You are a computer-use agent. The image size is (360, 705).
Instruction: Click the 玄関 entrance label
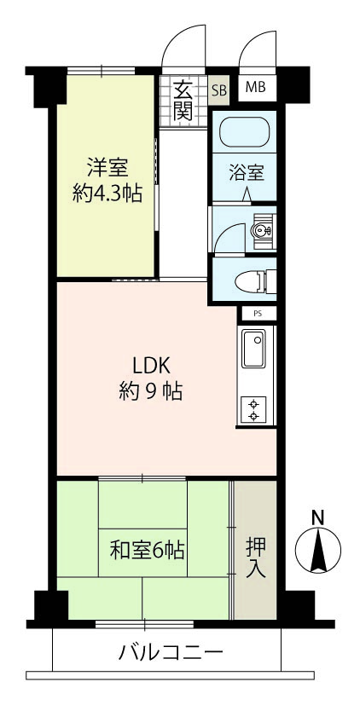(183, 101)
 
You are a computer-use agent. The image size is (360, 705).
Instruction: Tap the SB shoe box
(219, 90)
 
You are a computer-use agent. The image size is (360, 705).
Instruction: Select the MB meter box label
(255, 87)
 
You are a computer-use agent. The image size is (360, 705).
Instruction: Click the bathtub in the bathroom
(244, 132)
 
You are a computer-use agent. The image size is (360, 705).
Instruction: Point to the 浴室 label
(247, 173)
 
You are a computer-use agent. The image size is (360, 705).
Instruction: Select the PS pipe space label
(257, 314)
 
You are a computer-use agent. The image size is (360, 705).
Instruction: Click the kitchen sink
(254, 349)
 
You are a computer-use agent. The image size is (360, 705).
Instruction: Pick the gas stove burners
(253, 409)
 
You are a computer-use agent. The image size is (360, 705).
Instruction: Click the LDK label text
(151, 367)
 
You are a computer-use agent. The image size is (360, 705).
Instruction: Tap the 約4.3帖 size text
(107, 194)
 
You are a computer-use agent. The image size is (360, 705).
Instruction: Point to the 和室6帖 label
(147, 551)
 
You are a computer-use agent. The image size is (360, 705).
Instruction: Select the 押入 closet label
(256, 558)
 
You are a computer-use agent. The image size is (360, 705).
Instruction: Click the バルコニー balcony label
(171, 651)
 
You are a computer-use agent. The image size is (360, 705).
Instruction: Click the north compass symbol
(318, 550)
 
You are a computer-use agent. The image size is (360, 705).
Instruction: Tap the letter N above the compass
(318, 518)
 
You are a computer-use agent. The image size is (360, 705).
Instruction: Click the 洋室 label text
(107, 169)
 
